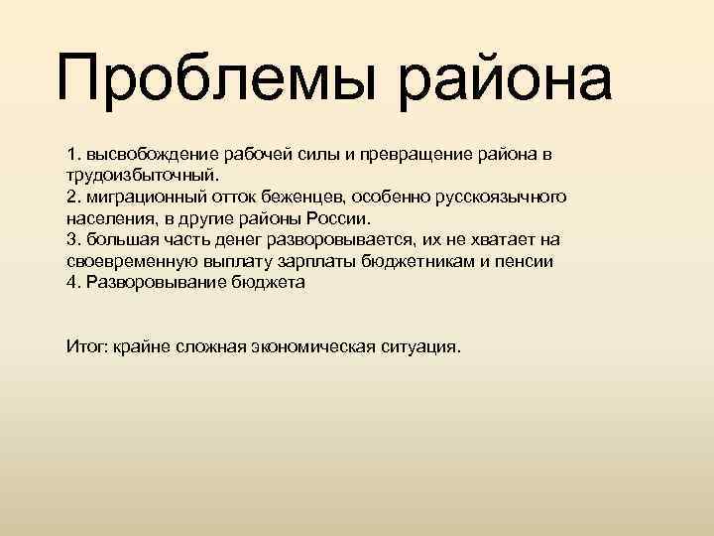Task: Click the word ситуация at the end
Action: tap(420, 347)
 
